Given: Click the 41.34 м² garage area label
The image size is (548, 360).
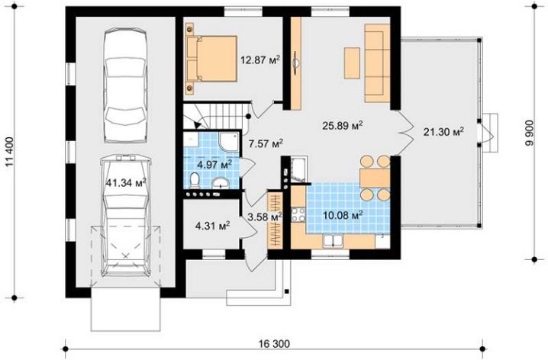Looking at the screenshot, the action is point(126,182).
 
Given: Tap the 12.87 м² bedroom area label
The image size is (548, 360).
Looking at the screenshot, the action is point(260,59).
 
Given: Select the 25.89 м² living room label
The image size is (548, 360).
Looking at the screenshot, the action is point(342,125).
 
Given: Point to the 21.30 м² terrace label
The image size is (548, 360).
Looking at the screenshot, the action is point(444,132).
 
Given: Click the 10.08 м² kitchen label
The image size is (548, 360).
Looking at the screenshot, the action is point(343,215).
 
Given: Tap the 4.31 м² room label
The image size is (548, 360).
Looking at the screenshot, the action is point(212,226).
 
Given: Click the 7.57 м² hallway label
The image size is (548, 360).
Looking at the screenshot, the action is point(266,143).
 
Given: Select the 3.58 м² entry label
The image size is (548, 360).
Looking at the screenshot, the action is point(265,217).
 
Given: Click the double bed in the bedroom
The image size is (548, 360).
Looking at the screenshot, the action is point(211,58).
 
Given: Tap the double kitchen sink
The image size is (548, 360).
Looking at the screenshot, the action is point(333,240).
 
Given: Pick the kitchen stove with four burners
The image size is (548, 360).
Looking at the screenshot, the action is point(298,214).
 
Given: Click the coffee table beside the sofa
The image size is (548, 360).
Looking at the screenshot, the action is point(352,63).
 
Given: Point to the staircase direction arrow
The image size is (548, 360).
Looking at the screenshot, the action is point(198,123).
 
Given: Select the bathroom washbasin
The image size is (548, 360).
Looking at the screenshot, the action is point(220,182).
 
